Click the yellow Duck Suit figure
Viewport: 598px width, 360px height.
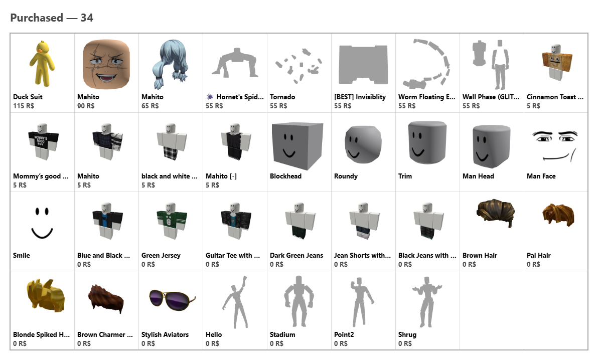42,64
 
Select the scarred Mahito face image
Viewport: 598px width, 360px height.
106,65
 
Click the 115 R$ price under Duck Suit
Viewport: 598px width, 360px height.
24,106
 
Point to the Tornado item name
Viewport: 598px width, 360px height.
282,97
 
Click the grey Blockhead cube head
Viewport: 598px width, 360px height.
297,146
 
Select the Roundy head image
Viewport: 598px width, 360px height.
363,144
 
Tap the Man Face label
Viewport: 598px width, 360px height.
541,176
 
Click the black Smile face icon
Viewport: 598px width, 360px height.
42,223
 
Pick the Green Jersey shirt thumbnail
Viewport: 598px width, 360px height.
171,221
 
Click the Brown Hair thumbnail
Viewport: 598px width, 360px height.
496,213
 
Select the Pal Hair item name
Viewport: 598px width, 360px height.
538,256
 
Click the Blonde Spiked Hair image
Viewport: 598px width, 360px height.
46,296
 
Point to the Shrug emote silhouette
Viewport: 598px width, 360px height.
427,302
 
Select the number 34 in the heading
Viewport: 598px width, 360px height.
87,18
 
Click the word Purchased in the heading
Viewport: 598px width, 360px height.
37,18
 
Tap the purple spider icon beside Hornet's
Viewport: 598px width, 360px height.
210,97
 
